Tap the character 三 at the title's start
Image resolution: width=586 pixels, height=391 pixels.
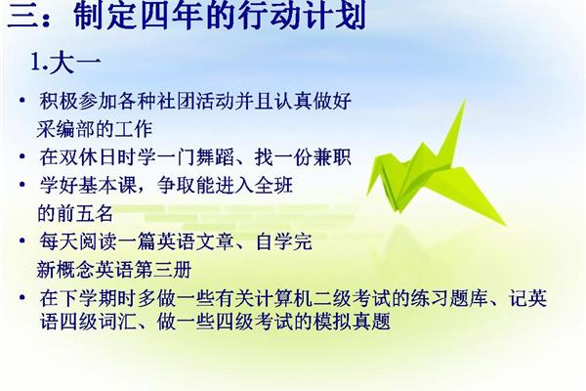[21, 16]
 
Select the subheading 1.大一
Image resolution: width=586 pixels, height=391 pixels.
[65, 62]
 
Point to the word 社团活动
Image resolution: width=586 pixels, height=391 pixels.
[195, 101]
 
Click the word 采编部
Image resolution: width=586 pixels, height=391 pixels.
[66, 129]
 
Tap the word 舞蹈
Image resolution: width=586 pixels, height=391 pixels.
[215, 157]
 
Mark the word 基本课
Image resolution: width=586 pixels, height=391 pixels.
[107, 185]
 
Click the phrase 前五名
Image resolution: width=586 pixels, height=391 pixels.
[85, 213]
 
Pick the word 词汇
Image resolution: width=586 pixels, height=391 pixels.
[117, 321]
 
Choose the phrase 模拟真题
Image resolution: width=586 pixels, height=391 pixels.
[352, 321]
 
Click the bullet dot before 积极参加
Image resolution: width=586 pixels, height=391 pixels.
[22, 101]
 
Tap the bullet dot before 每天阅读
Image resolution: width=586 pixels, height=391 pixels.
[22, 241]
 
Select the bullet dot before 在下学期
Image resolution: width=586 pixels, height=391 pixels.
[22, 298]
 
